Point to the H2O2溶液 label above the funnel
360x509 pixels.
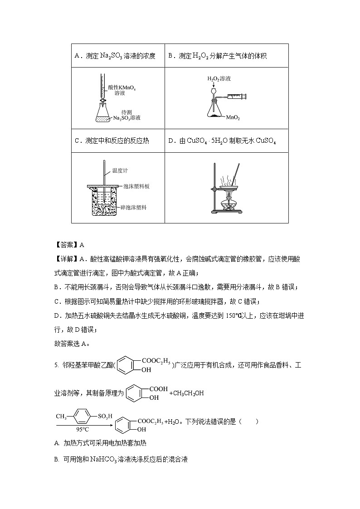coord(219,79)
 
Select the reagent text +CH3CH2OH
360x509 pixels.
coord(186,393)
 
